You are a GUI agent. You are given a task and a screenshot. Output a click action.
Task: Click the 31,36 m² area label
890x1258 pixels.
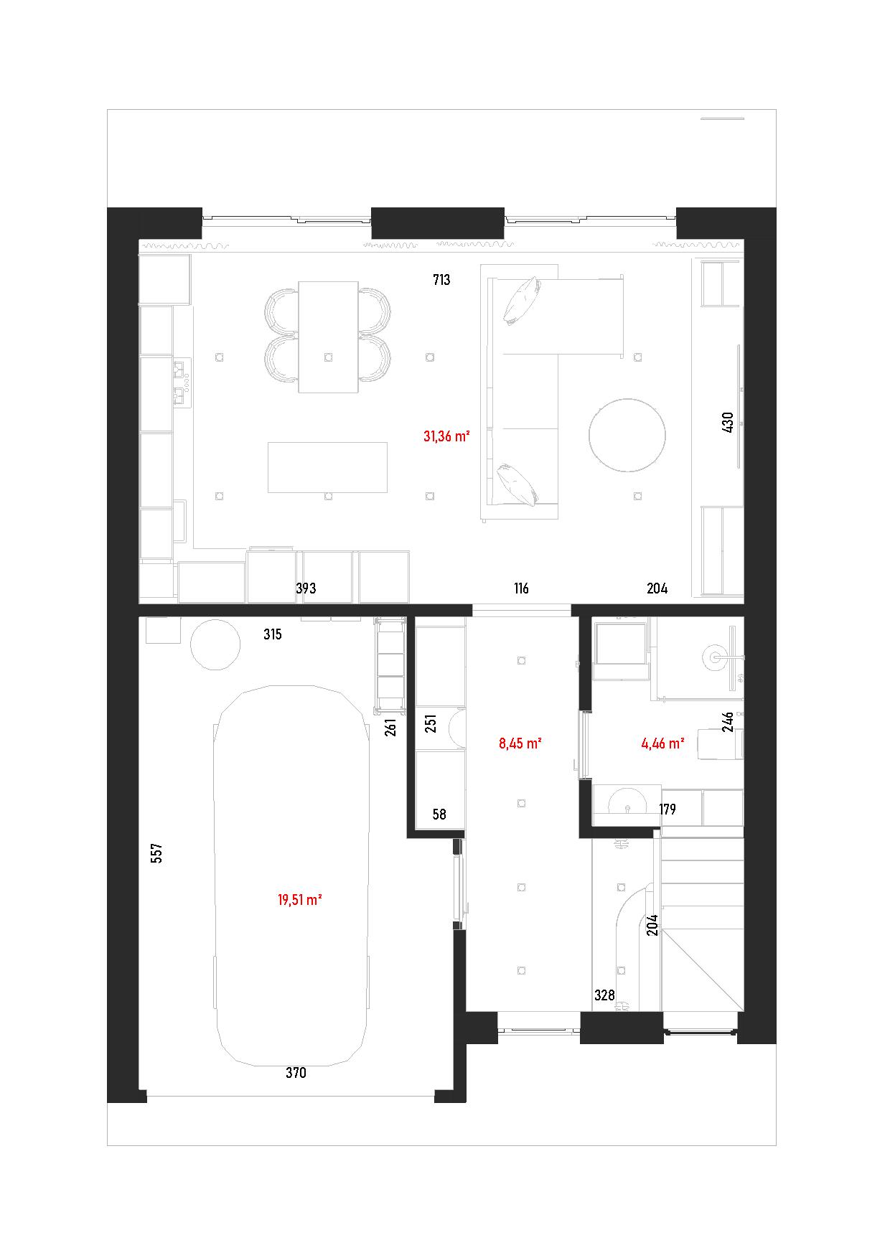[446, 436]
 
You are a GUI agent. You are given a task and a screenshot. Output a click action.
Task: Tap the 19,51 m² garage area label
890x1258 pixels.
[299, 899]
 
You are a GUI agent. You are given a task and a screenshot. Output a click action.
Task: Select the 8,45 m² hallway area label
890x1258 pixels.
[520, 743]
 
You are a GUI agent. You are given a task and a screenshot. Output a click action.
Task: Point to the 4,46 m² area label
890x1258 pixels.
[662, 743]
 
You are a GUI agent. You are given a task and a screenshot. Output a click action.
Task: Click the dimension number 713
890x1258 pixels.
[441, 280]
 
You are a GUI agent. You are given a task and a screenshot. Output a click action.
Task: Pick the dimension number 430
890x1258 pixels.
[727, 422]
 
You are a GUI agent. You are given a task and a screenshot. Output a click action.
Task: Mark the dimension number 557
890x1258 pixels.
[158, 853]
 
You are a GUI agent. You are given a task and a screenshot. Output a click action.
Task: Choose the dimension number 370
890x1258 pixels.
[296, 1073]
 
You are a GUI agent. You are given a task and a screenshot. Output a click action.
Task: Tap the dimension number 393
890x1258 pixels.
[306, 588]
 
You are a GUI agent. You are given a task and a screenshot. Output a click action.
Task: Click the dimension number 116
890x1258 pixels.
[521, 588]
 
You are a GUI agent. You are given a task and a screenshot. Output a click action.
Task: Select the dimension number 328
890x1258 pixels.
[605, 995]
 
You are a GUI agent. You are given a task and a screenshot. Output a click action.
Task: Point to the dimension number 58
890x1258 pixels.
[439, 814]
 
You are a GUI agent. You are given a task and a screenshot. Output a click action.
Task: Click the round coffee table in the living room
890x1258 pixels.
[627, 434]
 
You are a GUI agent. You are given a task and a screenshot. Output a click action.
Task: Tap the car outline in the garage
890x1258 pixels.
[292, 876]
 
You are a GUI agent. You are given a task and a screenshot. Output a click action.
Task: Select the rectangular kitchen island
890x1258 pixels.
[328, 467]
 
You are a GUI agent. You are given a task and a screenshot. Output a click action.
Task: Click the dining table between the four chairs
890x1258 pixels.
[328, 337]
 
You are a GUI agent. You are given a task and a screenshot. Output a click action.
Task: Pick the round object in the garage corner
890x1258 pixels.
[215, 645]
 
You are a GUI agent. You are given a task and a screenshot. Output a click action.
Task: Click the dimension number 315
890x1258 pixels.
[272, 634]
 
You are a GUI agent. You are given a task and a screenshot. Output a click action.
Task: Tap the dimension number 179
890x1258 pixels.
[667, 809]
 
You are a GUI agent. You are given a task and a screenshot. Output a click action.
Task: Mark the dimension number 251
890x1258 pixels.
[431, 723]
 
